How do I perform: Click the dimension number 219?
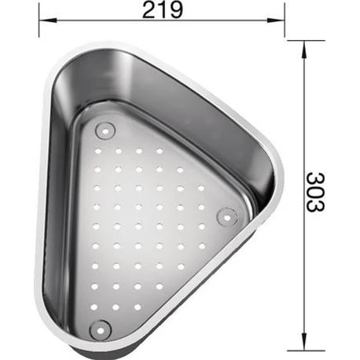(x=163, y=10)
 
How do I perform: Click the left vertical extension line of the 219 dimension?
(x=38, y=24)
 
